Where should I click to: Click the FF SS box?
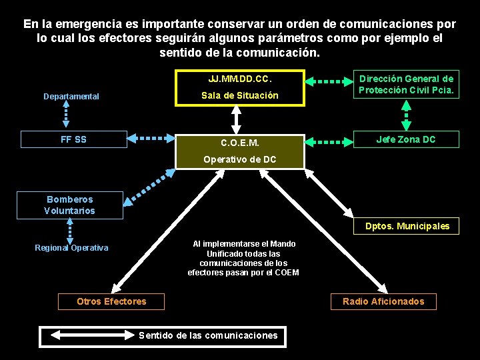[73, 139]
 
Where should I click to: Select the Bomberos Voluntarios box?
[70, 205]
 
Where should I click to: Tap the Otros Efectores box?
[111, 301]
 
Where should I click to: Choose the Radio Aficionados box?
[383, 301]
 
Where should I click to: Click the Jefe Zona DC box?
[406, 139]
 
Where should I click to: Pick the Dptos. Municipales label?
[407, 227]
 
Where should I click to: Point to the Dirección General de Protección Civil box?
[406, 84]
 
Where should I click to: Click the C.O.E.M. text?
[240, 143]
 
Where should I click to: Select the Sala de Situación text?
[240, 95]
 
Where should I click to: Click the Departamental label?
[71, 97]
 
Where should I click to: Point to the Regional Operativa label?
[71, 248]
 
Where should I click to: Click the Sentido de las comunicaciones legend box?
[163, 335]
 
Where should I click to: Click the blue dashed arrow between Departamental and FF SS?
[65, 115]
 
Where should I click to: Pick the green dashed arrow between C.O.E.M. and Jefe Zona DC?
[328, 141]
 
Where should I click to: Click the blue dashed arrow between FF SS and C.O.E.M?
[151, 139]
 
